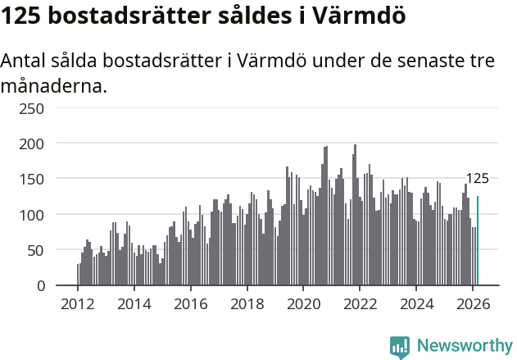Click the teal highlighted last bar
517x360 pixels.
pyautogui.click(x=478, y=241)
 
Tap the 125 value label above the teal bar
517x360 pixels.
pyautogui.click(x=477, y=179)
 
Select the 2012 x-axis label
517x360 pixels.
pyautogui.click(x=78, y=303)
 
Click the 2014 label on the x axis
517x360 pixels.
pyautogui.click(x=134, y=303)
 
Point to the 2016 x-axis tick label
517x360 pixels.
pyautogui.click(x=191, y=303)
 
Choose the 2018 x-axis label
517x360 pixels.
pyautogui.click(x=247, y=303)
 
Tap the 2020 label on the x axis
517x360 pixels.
pyautogui.click(x=303, y=303)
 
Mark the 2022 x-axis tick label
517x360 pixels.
pyautogui.click(x=360, y=303)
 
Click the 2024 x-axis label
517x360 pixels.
pyautogui.click(x=416, y=303)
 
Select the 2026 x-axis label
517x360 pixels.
pyautogui.click(x=473, y=303)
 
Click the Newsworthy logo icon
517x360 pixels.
pyautogui.click(x=400, y=346)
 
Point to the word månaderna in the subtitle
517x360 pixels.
pyautogui.click(x=53, y=85)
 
